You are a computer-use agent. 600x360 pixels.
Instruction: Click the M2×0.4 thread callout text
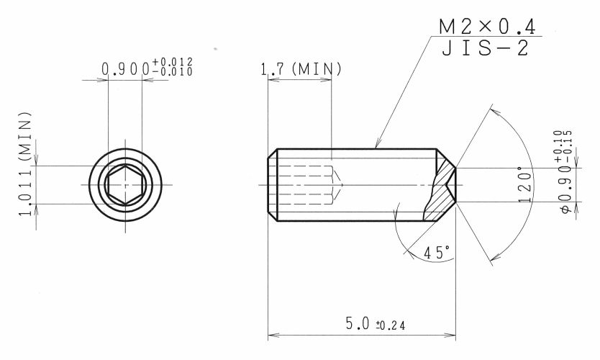pyautogui.click(x=487, y=27)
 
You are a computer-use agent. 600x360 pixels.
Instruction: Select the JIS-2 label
pyautogui.click(x=485, y=48)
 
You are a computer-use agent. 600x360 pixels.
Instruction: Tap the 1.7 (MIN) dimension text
pyautogui.click(x=301, y=69)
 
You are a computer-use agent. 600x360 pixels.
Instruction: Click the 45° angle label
pyautogui.click(x=437, y=253)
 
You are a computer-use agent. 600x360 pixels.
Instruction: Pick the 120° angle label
pyautogui.click(x=524, y=184)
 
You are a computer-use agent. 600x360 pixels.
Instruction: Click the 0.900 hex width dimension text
pyautogui.click(x=147, y=67)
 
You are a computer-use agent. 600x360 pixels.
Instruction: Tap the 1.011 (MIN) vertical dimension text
pyautogui.click(x=25, y=164)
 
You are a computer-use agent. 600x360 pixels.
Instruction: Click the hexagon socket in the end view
pyautogui.click(x=125, y=185)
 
